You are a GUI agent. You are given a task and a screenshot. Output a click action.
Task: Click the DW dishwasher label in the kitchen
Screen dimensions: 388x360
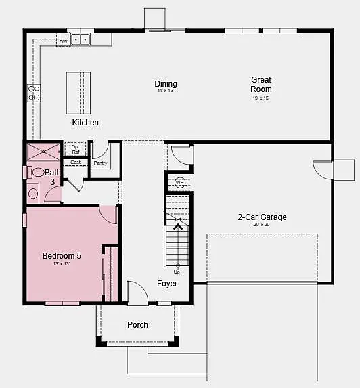64,41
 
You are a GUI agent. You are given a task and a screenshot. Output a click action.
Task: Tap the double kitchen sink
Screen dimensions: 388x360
81,39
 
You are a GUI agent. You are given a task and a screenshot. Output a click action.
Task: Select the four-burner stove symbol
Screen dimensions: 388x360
34,93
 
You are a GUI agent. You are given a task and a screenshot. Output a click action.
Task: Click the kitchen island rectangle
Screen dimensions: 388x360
78,93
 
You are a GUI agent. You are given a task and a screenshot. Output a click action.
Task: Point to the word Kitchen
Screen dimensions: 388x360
85,123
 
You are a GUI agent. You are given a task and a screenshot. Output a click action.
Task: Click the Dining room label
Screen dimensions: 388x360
166,84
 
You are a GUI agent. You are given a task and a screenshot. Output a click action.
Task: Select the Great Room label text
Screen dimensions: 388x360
261,85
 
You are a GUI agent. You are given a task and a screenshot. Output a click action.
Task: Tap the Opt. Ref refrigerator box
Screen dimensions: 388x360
76,149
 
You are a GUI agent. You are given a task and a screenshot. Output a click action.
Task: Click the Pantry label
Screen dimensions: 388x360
100,163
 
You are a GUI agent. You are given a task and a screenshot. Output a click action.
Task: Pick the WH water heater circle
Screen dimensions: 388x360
179,183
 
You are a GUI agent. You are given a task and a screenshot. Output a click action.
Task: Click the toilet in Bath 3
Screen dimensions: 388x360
38,172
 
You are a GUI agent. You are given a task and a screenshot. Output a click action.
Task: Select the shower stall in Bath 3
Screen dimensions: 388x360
43,150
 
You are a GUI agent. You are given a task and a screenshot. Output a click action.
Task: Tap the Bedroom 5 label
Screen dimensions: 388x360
62,255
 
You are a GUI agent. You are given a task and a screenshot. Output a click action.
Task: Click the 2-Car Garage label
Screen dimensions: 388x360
261,217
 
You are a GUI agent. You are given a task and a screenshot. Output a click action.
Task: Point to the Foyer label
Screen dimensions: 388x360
167,284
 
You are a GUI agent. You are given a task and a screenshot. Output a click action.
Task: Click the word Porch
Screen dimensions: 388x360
137,325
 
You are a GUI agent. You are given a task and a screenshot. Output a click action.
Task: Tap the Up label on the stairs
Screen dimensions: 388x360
177,271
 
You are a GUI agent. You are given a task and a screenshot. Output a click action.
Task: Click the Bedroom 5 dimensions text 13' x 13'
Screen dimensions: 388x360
62,264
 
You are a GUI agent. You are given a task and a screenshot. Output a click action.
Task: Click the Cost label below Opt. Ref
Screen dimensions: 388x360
76,163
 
